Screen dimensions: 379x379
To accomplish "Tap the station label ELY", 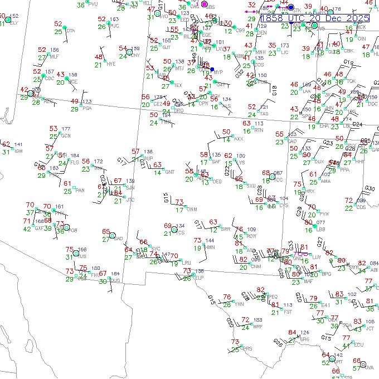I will [14, 23].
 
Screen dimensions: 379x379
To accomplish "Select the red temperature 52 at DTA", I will [58, 24].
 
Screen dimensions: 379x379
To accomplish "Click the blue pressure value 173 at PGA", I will [86, 102].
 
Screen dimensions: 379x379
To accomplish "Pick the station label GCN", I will [66, 135].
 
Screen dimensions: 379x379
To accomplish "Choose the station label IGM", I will [18, 151].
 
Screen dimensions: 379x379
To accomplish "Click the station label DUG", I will [115, 280].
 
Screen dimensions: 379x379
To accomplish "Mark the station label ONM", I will [192, 210].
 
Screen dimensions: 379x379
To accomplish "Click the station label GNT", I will [169, 172].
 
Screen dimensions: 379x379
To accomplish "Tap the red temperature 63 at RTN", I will [246, 123].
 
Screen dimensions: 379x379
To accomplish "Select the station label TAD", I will [264, 114].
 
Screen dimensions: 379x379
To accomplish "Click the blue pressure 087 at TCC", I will [278, 173].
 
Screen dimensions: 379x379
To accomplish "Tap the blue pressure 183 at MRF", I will [257, 320].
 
